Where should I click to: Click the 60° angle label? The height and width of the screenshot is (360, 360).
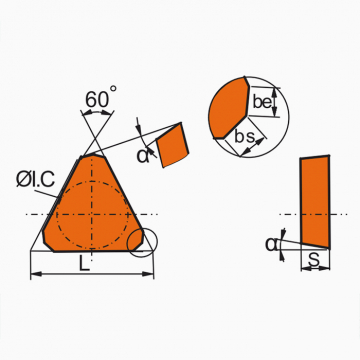point(101,97)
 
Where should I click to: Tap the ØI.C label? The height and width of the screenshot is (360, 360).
point(35,180)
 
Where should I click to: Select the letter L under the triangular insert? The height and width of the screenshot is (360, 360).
point(84,264)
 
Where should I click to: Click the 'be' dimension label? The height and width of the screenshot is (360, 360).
point(262,102)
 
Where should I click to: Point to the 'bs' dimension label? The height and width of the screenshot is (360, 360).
point(245,137)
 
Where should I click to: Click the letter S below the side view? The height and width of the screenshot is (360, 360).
point(314,261)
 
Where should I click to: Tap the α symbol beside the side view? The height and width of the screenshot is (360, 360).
point(271,244)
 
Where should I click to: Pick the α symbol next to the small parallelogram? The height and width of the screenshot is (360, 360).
point(143,156)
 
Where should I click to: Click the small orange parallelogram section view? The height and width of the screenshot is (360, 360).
point(172,145)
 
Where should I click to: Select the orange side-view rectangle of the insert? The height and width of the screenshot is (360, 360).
point(315,202)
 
